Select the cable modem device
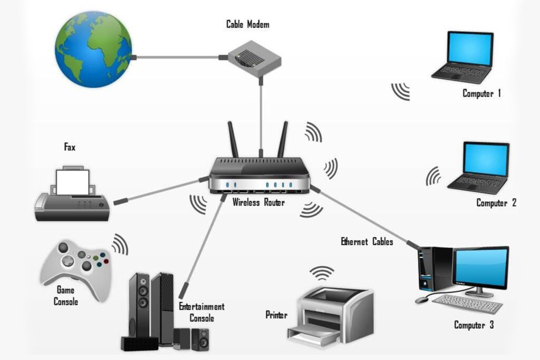pos(254,60)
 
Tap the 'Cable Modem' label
pos(248,24)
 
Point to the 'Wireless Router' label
pos(258,202)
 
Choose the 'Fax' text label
pos(70,148)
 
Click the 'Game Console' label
pos(66,296)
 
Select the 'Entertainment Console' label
pos(201,312)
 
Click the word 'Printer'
pos(276,315)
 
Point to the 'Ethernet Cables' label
pos(367,242)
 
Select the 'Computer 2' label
pos(496,202)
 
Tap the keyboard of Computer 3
pos(467,303)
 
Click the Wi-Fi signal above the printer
pos(322,273)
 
